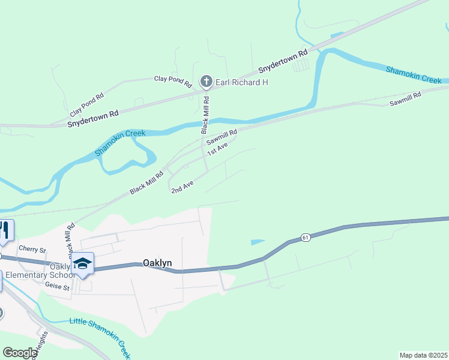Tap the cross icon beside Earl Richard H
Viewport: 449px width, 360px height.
tap(206, 82)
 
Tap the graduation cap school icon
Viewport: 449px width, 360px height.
tap(83, 264)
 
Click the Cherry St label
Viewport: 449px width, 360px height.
tap(32, 249)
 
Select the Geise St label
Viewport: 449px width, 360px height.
tap(58, 288)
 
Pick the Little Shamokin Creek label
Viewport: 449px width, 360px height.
tap(100, 332)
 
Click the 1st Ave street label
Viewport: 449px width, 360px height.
tap(217, 148)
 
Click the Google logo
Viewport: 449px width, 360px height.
tap(20, 353)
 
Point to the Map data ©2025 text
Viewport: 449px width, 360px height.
tap(424, 355)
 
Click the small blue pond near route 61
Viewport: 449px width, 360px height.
tap(257, 242)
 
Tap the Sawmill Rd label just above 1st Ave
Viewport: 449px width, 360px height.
tap(222, 137)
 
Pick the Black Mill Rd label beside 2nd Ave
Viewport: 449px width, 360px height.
tap(146, 182)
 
